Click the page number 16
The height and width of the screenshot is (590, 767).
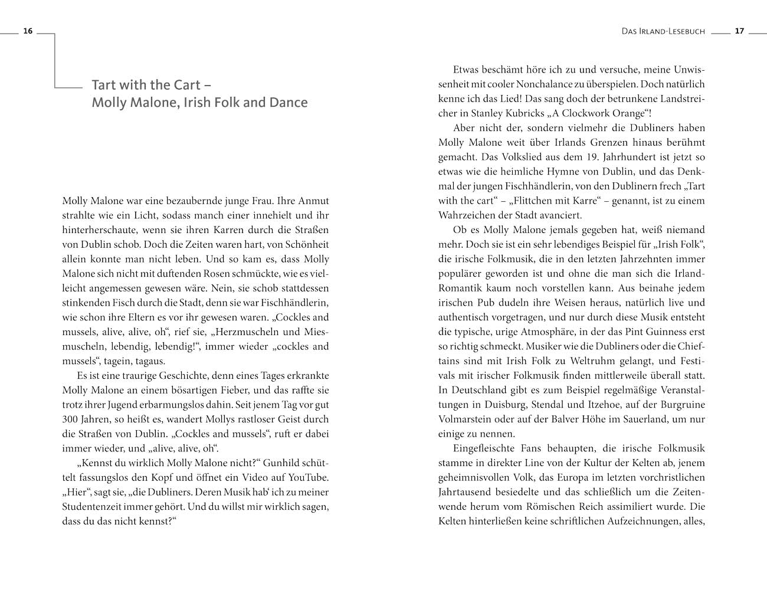(27, 31)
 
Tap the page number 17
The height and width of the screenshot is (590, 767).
(739, 31)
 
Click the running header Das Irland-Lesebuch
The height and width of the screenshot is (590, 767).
(663, 31)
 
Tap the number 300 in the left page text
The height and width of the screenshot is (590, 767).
(71, 419)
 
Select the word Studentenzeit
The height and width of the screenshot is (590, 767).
(94, 507)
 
